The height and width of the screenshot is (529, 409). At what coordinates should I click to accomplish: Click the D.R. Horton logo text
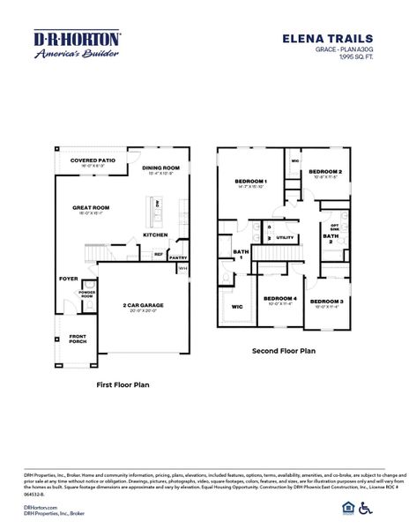78,41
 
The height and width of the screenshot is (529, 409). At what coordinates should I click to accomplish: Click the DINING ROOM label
160,168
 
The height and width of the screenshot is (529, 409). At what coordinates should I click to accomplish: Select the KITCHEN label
156,235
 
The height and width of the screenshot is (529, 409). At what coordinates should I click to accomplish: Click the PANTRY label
178,257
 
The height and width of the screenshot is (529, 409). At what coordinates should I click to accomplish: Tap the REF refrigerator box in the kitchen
159,254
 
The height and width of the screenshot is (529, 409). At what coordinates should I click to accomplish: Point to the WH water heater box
182,268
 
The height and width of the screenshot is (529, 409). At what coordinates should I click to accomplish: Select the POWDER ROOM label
86,294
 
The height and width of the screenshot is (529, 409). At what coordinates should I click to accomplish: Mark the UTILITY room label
285,237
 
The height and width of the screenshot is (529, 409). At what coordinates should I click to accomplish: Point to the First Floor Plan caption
123,385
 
